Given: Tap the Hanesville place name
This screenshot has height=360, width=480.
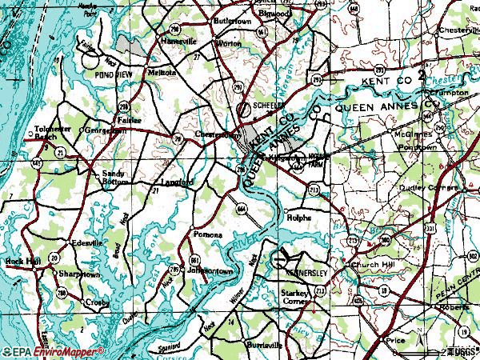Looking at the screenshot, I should pyautogui.click(x=180, y=41).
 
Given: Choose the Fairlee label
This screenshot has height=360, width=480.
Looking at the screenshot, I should pyautogui.click(x=129, y=121).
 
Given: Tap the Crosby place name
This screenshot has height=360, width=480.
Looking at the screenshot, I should pyautogui.click(x=100, y=302).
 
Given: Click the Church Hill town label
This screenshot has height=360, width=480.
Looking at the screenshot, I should pyautogui.click(x=370, y=267).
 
